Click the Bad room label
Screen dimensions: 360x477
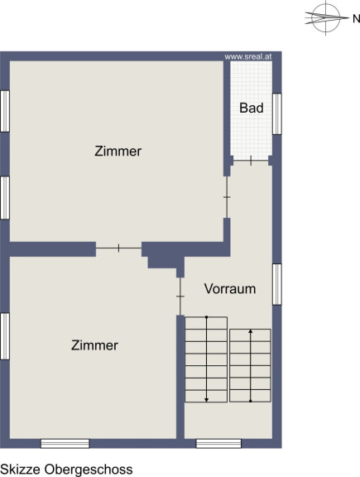coord(251,108)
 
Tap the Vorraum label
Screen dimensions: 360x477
coord(230,289)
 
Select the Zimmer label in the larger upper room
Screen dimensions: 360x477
coord(118,152)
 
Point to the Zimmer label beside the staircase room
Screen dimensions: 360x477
coord(94,345)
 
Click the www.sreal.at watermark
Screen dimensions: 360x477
coord(247,56)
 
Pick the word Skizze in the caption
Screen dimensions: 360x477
coord(21,469)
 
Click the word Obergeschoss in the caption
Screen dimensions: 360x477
coord(89,470)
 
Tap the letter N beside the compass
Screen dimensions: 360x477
coord(356,19)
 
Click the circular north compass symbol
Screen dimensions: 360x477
coord(326,17)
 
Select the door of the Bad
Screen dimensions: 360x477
coord(251,161)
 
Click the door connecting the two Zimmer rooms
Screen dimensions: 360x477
coord(118,248)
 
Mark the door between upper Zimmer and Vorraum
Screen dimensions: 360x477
coord(227,197)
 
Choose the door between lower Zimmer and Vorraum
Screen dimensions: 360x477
coord(180,296)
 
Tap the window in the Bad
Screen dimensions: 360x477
coord(276,113)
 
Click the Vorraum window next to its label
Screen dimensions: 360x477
coord(276,284)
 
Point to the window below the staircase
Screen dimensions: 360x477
coord(218,443)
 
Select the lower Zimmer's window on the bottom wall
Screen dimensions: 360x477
coord(65,443)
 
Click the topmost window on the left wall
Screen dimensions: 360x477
coord(5,111)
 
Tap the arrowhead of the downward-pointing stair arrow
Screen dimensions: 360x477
coord(206,399)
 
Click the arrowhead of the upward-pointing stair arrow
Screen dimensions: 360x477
coord(250,331)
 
